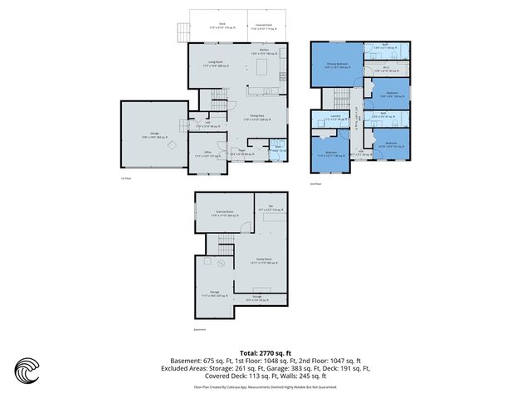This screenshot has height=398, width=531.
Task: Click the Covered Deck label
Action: click(x=267, y=26)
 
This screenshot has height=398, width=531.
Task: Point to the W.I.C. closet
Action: click(x=387, y=70)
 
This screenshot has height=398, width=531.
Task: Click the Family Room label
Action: click(x=264, y=260)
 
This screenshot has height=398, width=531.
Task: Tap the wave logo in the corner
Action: click(x=27, y=370)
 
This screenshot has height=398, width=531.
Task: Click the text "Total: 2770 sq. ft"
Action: click(x=265, y=352)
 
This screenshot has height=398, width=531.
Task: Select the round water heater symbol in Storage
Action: click(x=222, y=265)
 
